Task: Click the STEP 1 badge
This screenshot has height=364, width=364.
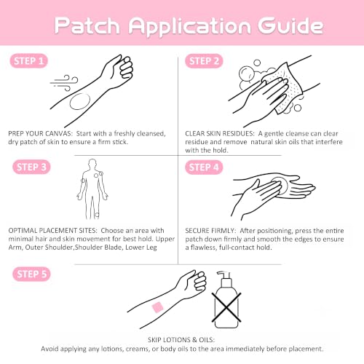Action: pyautogui.click(x=28, y=60)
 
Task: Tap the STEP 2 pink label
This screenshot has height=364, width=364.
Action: pyautogui.click(x=204, y=61)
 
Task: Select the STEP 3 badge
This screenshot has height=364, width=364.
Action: pyautogui.click(x=31, y=167)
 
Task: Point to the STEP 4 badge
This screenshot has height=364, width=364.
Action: pyautogui.click(x=204, y=167)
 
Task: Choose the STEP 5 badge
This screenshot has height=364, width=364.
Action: pyautogui.click(x=31, y=274)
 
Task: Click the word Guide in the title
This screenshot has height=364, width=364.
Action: pyautogui.click(x=290, y=25)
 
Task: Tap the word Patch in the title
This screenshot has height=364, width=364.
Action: pyautogui.click(x=87, y=25)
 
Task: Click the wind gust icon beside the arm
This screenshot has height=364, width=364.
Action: pyautogui.click(x=64, y=83)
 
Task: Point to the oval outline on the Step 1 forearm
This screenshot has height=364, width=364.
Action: pyautogui.click(x=80, y=101)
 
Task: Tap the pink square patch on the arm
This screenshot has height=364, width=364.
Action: pyautogui.click(x=157, y=307)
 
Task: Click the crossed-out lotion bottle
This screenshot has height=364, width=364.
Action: pyautogui.click(x=226, y=300)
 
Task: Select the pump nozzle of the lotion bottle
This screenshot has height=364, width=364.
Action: pyautogui.click(x=223, y=274)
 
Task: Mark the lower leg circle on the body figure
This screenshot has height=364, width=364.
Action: pyautogui.click(x=97, y=215)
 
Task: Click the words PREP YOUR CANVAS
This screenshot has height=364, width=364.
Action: pyautogui.click(x=40, y=133)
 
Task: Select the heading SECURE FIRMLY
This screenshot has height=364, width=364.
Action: pyautogui.click(x=210, y=231)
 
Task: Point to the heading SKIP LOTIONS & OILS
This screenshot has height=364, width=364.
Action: pyautogui.click(x=181, y=340)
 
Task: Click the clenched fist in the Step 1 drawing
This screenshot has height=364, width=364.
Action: pyautogui.click(x=123, y=68)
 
